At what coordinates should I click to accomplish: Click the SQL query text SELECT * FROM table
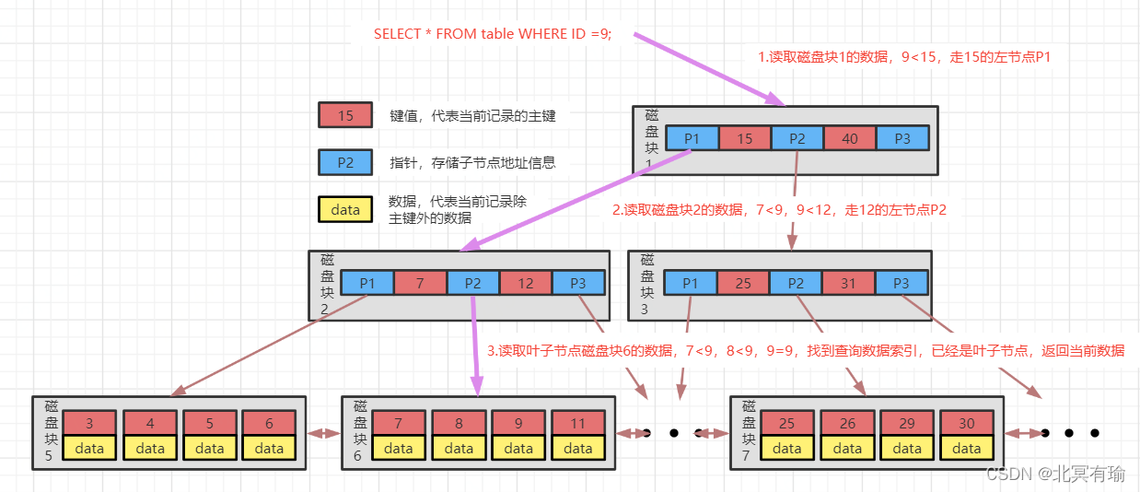[x=493, y=34]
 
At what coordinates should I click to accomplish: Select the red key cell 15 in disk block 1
[x=745, y=138]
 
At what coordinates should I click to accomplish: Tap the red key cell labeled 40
[x=850, y=138]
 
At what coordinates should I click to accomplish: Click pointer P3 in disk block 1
[x=902, y=138]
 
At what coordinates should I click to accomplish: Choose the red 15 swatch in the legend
[x=345, y=115]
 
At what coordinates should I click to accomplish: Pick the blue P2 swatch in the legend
[x=345, y=162]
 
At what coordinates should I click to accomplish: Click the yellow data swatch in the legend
[x=345, y=209]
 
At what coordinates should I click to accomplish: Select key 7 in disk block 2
[x=420, y=283]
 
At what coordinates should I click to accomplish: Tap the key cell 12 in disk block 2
[x=526, y=283]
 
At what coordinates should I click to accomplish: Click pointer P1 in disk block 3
[x=691, y=283]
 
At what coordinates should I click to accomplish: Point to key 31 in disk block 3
[x=849, y=283]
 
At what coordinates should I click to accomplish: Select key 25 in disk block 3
[x=743, y=283]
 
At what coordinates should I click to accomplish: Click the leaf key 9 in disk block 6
[x=518, y=424]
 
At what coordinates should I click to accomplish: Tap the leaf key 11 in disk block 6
[x=578, y=424]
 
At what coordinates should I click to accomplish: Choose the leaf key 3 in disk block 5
[x=89, y=424]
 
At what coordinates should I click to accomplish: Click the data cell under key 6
[x=269, y=448]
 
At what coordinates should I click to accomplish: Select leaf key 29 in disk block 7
[x=907, y=424]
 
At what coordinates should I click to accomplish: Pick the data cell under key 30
[x=967, y=448]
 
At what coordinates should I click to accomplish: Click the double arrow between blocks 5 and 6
[x=323, y=433]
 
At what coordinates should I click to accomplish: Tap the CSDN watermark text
[x=1055, y=474]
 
